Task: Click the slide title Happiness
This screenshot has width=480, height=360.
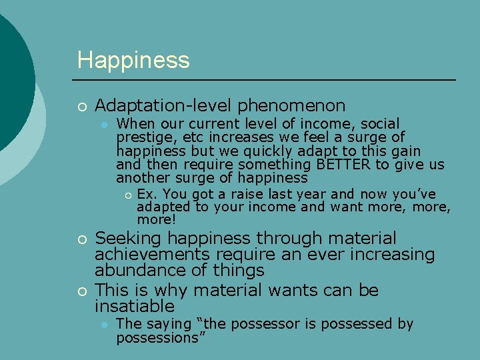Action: pyautogui.click(x=133, y=60)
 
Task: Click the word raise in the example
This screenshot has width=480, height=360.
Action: pyautogui.click(x=233, y=194)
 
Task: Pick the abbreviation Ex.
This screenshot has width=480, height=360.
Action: pyautogui.click(x=146, y=194)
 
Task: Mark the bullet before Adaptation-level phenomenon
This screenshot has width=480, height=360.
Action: pyautogui.click(x=81, y=106)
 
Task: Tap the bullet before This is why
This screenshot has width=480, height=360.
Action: pyautogui.click(x=81, y=291)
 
